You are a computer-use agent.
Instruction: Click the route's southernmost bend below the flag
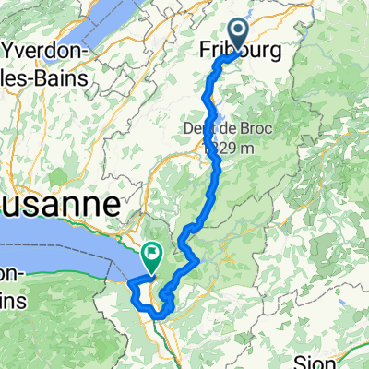click(x=159, y=316)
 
